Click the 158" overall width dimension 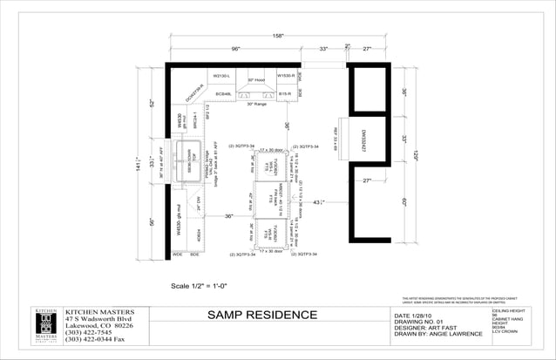[x=278, y=37]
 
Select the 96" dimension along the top [x=235, y=49]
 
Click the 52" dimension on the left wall [x=152, y=104]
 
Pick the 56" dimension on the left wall [x=152, y=222]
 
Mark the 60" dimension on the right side [x=405, y=202]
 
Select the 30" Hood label [x=256, y=79]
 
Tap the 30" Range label [x=256, y=104]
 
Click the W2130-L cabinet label [x=221, y=76]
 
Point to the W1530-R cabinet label [x=286, y=76]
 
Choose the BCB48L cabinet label [x=223, y=92]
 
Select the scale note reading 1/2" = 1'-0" [x=207, y=285]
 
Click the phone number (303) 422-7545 [x=89, y=332]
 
